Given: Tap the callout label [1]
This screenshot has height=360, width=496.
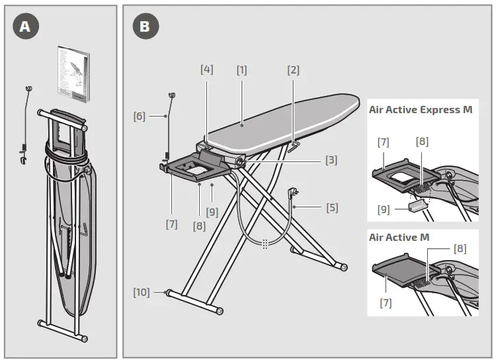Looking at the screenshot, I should pos(242,69).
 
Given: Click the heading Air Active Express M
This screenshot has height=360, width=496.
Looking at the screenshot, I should pos(421,110).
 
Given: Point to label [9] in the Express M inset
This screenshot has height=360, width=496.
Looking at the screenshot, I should pos(383,209).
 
